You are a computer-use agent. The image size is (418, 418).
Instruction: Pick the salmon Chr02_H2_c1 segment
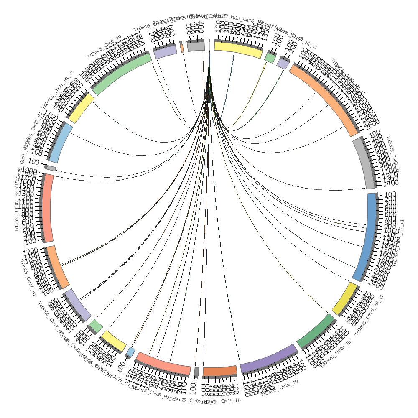(48, 208)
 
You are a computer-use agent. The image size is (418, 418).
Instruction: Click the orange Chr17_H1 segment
(58, 267)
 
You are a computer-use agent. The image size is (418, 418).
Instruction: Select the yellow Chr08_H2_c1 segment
(345, 299)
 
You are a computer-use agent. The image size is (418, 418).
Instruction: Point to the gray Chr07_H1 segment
(364, 163)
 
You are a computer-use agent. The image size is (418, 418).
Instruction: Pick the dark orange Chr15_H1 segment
(220, 371)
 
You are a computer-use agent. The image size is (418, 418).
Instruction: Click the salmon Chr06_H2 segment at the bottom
(163, 363)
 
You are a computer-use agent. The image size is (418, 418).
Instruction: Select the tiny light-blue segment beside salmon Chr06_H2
(131, 352)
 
